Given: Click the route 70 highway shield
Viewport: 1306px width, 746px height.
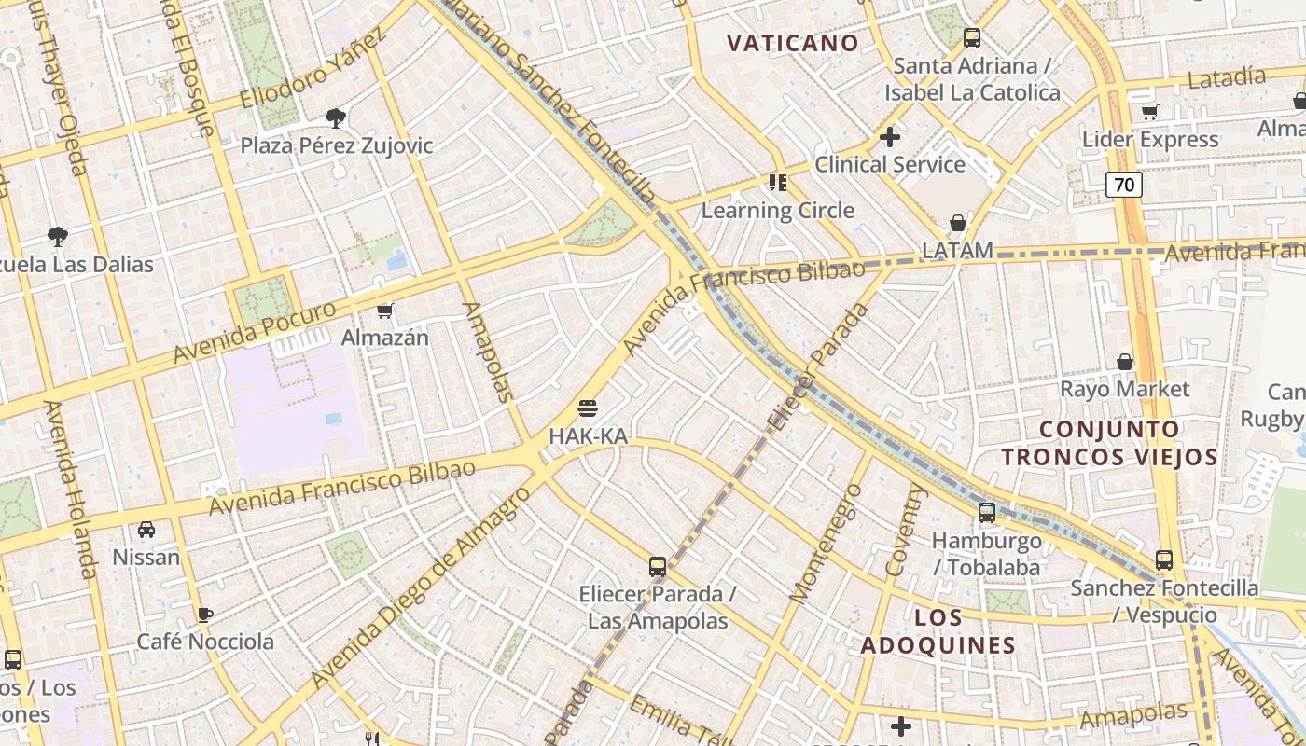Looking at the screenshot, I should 1124,185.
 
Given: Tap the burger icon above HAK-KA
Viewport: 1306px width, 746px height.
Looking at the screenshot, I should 587,408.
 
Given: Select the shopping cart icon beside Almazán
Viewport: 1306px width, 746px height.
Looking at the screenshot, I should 384,311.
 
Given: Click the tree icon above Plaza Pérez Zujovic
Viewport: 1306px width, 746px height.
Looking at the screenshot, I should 335,117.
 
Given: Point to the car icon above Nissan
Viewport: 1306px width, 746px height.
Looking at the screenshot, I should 146,530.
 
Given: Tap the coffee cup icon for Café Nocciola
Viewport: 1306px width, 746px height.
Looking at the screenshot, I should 205,615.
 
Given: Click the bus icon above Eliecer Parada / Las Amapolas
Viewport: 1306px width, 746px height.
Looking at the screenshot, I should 658,566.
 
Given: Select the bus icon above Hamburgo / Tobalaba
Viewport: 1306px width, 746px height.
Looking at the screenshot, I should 986,513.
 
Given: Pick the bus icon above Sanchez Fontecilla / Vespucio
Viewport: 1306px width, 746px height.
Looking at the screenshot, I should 1164,559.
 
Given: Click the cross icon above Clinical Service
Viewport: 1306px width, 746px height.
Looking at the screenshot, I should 890,137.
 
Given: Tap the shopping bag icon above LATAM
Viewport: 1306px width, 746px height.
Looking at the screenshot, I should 957,223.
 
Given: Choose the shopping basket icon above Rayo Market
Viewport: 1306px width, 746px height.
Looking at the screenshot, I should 1125,362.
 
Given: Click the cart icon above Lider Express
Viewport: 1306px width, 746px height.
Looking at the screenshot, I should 1149,113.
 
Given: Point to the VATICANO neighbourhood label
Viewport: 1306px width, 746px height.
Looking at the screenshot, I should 792,43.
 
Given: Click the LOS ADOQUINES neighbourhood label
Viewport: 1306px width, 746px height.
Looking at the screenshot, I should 938,631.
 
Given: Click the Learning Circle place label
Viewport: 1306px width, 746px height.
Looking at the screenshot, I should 778,210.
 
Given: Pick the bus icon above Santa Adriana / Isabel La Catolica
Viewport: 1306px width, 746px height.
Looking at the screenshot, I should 972,38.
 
